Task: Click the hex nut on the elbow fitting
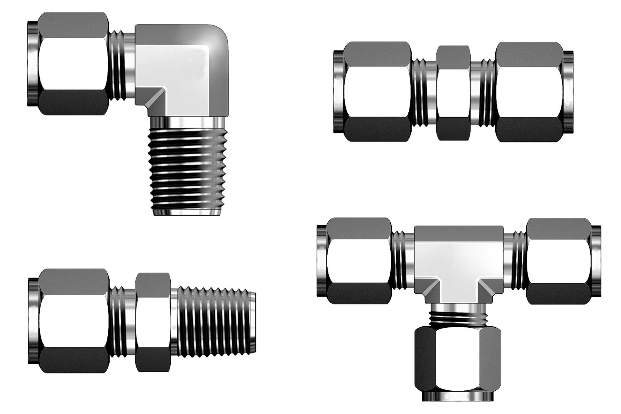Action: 73,64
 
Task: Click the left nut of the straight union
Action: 377,92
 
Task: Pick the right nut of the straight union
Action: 529,92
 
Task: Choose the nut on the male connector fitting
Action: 74,321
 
